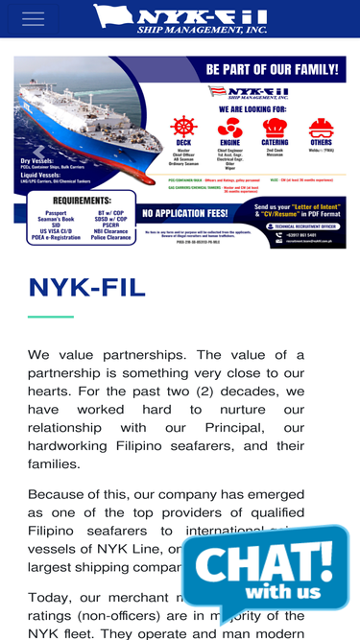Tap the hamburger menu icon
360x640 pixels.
33,19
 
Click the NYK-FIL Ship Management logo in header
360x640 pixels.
180,18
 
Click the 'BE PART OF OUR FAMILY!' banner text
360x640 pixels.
272,69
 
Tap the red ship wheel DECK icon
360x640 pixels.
182,127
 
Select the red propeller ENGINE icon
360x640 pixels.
229,127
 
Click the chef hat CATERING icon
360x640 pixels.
276,127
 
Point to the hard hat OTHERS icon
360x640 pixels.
321,127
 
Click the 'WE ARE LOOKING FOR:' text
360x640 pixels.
249,108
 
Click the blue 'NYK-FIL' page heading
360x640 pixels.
87,287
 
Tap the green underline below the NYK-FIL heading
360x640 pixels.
51,316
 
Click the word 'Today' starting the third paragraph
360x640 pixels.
50,597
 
